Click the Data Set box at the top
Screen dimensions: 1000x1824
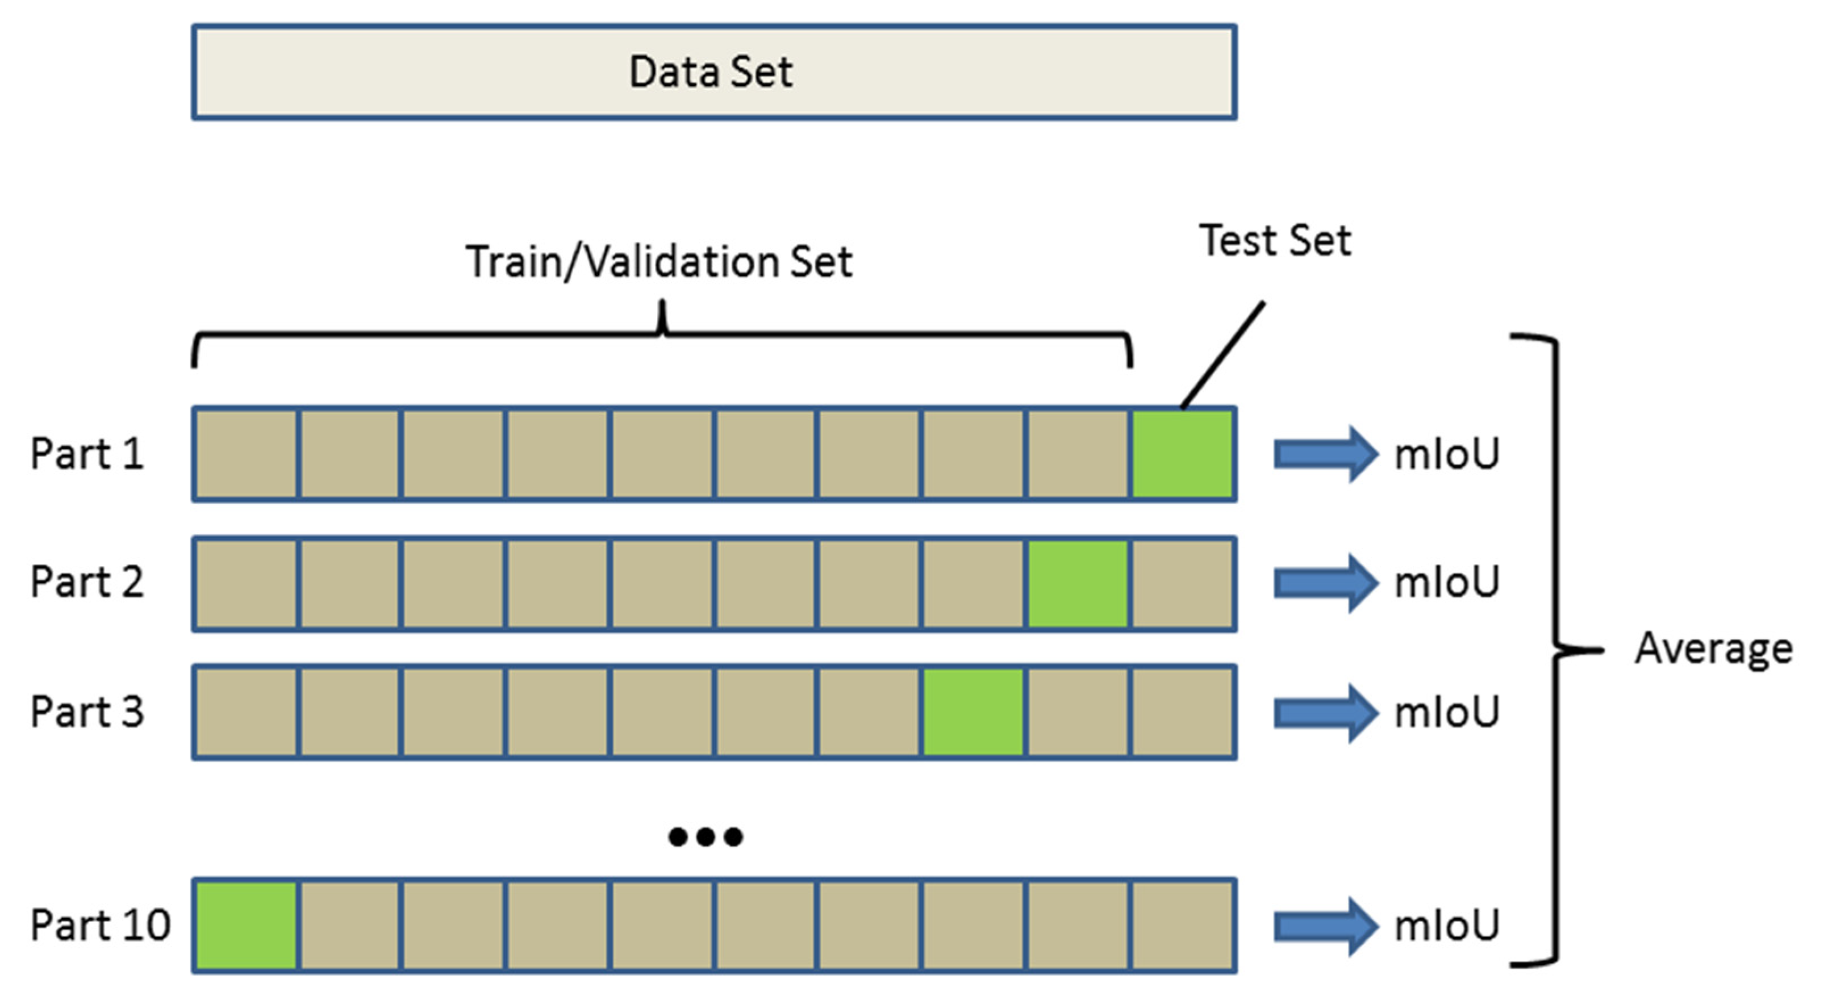pos(713,72)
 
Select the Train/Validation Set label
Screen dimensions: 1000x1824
pos(658,262)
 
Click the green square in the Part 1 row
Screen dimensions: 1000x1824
pos(1182,454)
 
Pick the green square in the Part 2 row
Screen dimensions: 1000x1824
pos(1077,583)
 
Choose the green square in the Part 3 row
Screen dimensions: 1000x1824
pos(973,712)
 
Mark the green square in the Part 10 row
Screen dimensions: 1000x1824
pos(246,925)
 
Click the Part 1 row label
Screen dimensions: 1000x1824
pos(86,454)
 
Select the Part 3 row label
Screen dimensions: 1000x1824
pos(86,712)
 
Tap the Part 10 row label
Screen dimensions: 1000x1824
pos(100,925)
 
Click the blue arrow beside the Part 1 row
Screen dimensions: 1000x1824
pos(1325,454)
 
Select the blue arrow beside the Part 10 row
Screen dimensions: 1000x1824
pos(1325,926)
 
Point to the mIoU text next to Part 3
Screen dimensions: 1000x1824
pos(1447,712)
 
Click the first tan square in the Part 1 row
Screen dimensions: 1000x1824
pos(246,454)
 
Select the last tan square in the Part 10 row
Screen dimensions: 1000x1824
pos(1182,925)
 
